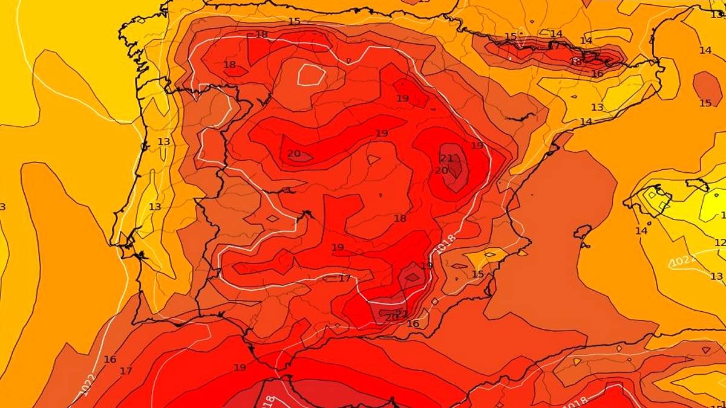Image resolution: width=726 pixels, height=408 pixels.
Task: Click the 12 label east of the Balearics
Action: pyautogui.click(x=719, y=242)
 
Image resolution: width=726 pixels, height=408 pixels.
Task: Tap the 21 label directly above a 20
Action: pyautogui.click(x=446, y=158)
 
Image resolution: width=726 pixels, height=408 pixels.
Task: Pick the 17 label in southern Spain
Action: pyautogui.click(x=345, y=279)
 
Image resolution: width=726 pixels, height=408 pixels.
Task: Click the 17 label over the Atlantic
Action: pyautogui.click(x=126, y=371)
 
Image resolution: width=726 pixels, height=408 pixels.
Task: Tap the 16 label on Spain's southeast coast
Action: pyautogui.click(x=413, y=324)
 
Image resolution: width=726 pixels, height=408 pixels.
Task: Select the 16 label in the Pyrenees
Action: pyautogui.click(x=597, y=74)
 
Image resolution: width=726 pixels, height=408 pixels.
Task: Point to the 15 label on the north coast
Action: pyautogui.click(x=294, y=22)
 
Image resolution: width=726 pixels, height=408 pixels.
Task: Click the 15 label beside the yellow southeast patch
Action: pyautogui.click(x=478, y=274)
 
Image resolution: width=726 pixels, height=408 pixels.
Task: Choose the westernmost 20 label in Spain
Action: pyautogui.click(x=294, y=154)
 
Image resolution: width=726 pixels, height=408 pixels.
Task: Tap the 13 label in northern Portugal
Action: pyautogui.click(x=164, y=141)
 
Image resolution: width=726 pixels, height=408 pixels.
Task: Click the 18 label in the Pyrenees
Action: pyautogui.click(x=575, y=62)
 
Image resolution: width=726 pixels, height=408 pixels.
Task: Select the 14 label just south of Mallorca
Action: pyautogui.click(x=641, y=231)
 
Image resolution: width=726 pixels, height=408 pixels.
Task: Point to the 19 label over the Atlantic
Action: pyautogui.click(x=240, y=368)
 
